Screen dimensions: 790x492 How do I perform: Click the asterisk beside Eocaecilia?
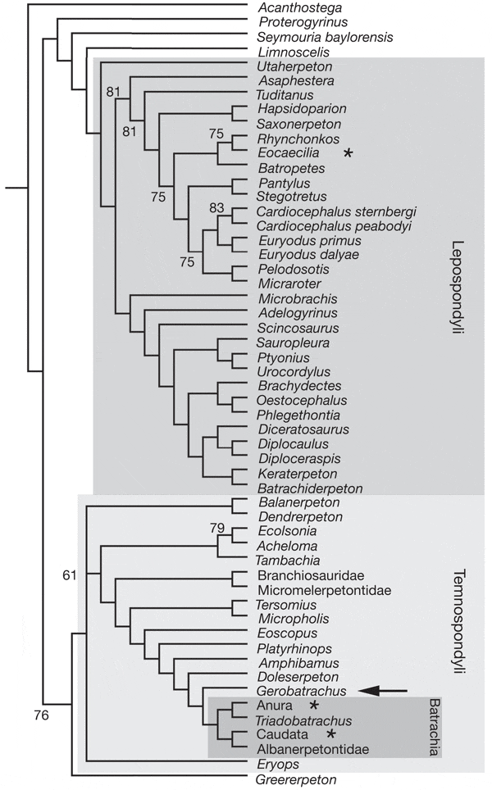coord(349,153)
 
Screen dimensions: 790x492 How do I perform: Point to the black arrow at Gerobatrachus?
coord(384,691)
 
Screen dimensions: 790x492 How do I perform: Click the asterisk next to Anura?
coord(313,706)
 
